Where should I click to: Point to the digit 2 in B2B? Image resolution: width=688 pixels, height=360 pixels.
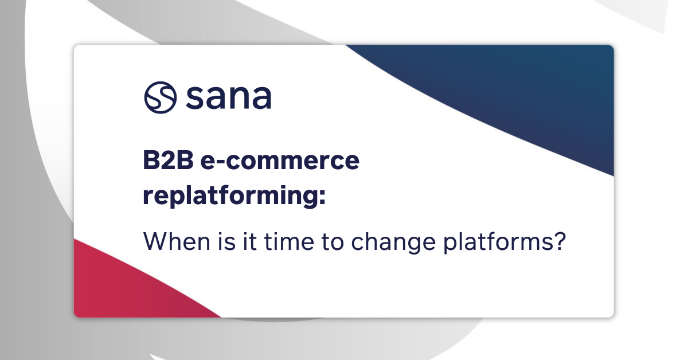coord(166,162)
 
